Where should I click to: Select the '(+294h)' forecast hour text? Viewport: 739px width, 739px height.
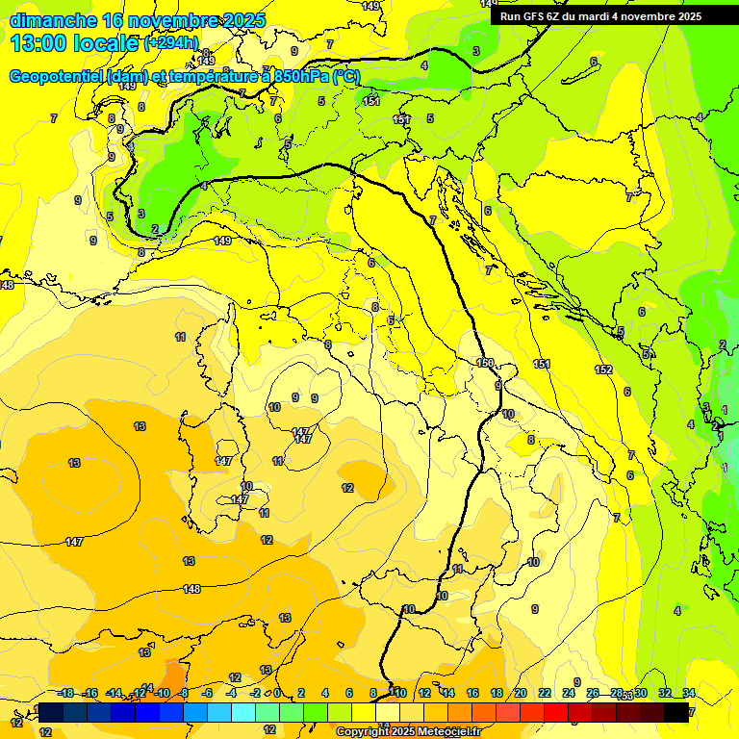point(171,43)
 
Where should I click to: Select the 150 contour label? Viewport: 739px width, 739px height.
point(485,363)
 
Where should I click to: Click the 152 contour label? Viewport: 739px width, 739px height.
point(603,369)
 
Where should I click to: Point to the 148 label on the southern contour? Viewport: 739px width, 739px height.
point(191,589)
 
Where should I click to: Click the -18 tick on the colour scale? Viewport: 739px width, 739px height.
point(65,693)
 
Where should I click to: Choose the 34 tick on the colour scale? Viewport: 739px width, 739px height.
point(689,693)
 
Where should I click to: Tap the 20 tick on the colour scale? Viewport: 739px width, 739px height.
point(520,693)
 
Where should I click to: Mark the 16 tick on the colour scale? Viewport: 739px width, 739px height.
point(471,693)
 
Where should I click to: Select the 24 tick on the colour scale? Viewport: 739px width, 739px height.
point(569,693)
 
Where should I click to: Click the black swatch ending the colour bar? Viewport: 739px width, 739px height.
point(676,712)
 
